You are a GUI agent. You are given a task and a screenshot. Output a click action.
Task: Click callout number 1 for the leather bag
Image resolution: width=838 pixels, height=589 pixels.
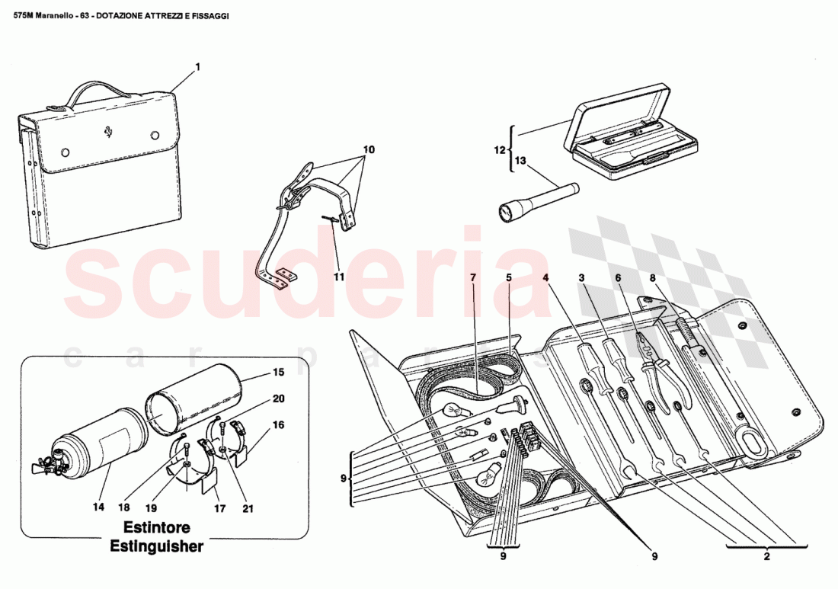(197, 67)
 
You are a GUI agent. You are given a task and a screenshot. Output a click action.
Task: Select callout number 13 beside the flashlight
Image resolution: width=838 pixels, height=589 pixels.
(520, 161)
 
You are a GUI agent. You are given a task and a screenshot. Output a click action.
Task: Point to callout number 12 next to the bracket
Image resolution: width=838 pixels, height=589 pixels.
(500, 150)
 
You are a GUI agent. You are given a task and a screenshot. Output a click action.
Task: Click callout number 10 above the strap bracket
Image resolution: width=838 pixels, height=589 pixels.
(368, 150)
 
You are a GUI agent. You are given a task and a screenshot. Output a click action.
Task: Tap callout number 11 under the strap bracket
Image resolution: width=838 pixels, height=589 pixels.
(338, 277)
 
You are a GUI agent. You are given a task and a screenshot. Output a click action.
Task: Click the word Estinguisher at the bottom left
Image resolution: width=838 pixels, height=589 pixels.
(156, 546)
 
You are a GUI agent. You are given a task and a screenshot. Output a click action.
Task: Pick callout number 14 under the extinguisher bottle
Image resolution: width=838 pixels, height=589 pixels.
(98, 504)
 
